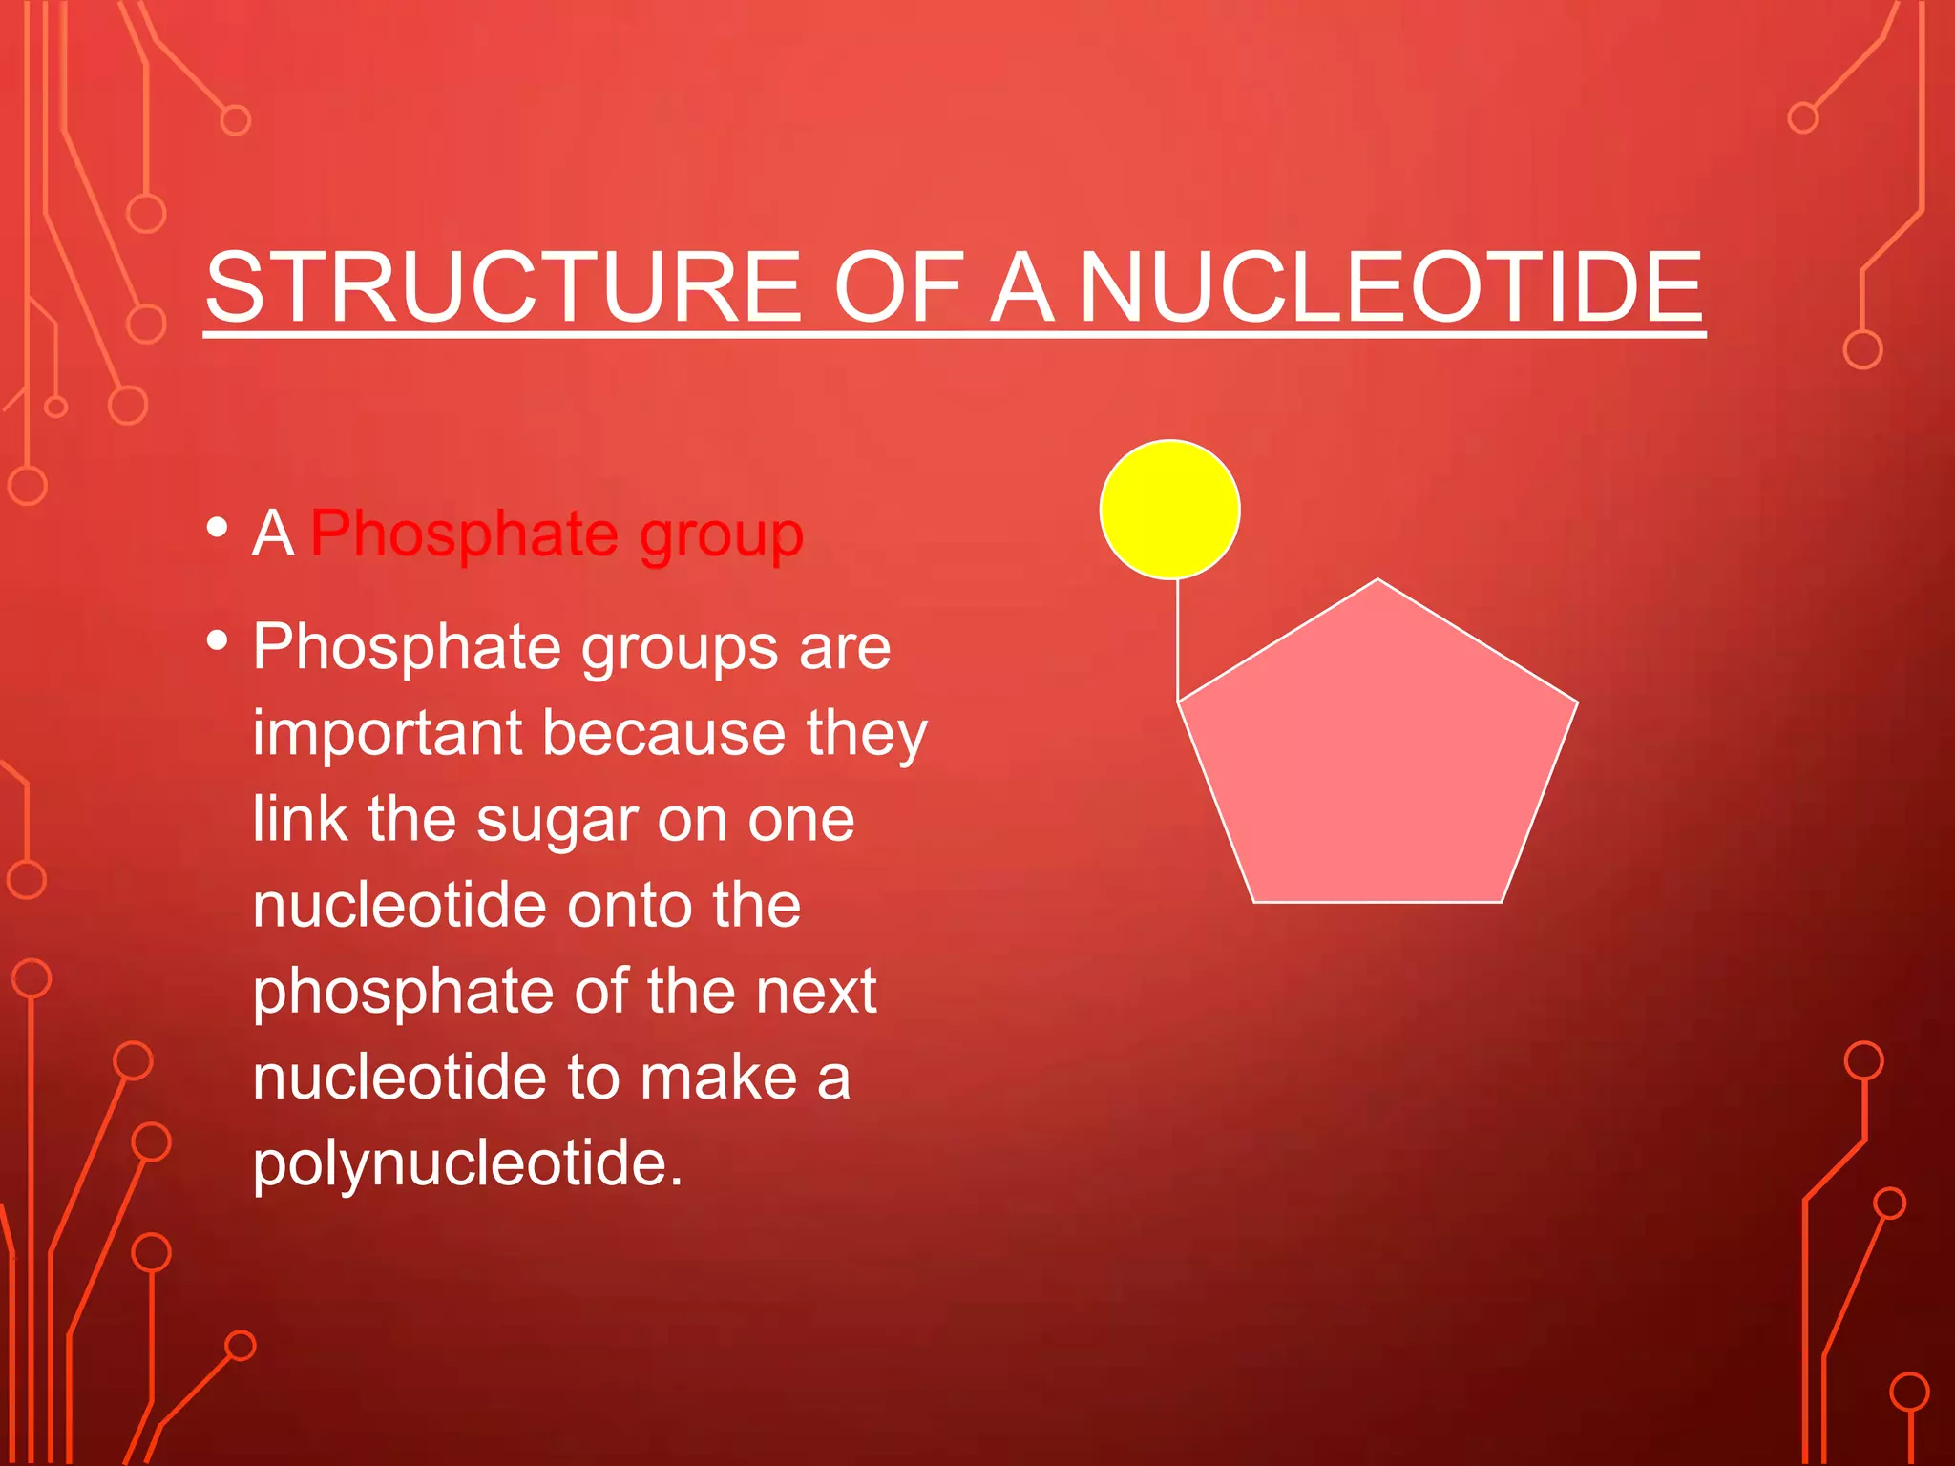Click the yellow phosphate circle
pos(1169,510)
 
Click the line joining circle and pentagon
pos(1178,639)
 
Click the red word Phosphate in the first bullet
pos(464,533)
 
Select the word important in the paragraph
pos(388,735)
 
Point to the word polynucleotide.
pos(468,1164)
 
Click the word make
pos(718,1078)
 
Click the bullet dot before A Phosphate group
pos(218,528)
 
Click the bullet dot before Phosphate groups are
pos(218,641)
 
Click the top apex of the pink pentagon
pos(1377,581)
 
